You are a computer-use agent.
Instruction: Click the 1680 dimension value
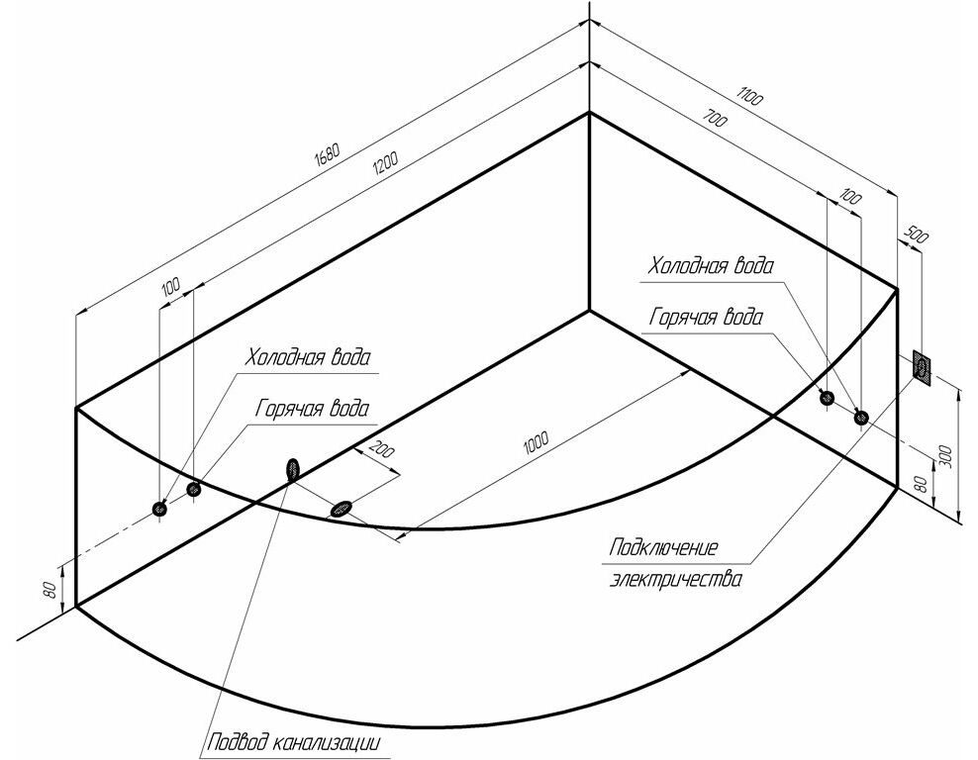327,156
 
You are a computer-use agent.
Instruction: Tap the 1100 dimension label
749,97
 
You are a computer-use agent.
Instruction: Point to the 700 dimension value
715,117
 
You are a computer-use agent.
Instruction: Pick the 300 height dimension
945,456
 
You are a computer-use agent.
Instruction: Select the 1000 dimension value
536,440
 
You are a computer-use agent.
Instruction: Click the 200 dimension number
382,449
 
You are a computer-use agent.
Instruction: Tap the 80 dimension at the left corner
53,589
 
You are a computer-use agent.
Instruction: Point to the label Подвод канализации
293,742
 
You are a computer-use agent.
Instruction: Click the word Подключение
663,548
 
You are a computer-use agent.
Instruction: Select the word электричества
676,579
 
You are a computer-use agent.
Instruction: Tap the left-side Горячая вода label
312,409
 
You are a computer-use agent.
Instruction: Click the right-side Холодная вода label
710,266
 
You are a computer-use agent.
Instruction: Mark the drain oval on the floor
341,509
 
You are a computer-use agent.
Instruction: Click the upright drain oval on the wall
293,468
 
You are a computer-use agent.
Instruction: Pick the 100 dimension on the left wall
170,287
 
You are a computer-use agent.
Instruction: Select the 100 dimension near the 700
850,199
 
